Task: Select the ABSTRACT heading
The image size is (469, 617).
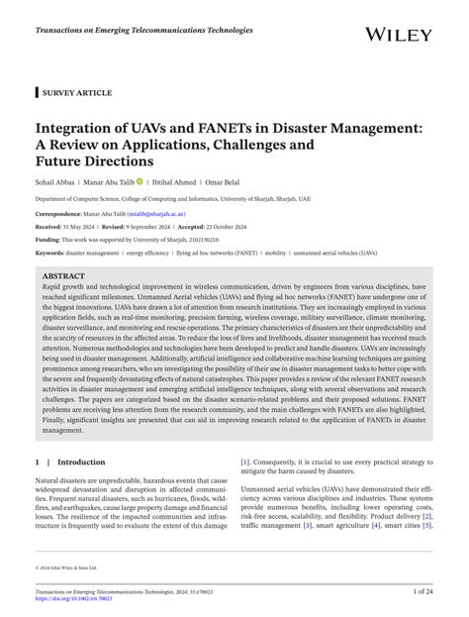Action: coord(63,275)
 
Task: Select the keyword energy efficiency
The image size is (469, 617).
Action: coord(155,253)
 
